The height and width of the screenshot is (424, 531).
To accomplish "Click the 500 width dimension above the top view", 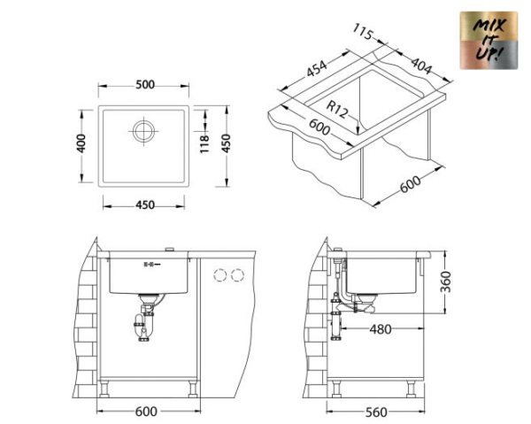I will (x=145, y=85).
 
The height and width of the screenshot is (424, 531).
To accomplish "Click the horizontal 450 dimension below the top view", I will (x=145, y=205).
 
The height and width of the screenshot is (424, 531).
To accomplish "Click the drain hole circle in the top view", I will (x=143, y=131).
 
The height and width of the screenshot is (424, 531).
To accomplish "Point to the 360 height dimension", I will (x=446, y=281).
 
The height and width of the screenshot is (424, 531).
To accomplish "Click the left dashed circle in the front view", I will (x=219, y=275).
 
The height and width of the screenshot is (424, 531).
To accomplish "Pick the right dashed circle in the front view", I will (x=235, y=275).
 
